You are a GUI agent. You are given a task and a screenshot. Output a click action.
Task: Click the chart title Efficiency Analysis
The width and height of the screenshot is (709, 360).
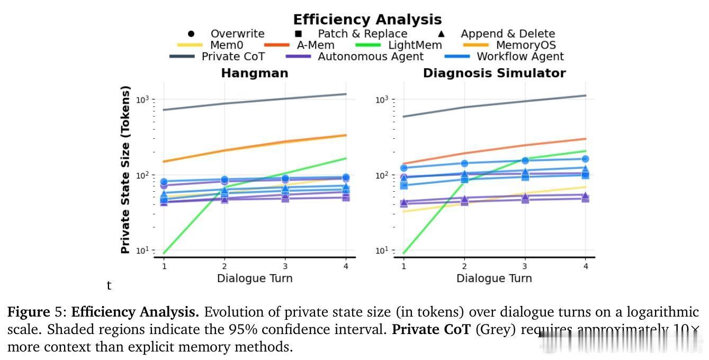[367, 20]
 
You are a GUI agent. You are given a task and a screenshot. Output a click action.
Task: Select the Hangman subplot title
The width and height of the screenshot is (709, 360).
[255, 73]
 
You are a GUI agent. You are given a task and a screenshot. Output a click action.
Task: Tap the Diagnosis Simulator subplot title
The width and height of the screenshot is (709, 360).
[494, 73]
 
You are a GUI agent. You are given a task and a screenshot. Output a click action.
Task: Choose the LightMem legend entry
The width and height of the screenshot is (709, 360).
[415, 45]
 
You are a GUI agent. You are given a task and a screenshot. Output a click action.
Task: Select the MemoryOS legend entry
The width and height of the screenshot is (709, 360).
[526, 45]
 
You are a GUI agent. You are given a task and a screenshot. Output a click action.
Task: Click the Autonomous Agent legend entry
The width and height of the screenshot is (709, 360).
[370, 56]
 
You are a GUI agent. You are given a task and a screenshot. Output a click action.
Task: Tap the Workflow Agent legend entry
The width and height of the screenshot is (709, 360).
[520, 56]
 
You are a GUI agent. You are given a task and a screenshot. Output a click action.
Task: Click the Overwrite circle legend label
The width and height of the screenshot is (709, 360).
[237, 34]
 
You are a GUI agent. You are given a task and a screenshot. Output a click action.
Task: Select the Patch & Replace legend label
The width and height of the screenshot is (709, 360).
[362, 34]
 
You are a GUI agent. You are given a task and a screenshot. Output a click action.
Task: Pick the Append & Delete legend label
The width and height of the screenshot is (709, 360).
[508, 34]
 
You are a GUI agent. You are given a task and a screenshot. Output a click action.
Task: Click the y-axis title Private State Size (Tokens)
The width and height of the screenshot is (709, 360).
[125, 170]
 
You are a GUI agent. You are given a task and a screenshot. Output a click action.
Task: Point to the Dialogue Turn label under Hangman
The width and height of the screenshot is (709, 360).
[255, 278]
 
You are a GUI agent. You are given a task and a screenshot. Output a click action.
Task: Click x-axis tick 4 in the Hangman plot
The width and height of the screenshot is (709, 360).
[346, 266]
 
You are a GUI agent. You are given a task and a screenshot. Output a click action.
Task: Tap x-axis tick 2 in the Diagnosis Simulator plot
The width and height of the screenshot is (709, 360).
[464, 266]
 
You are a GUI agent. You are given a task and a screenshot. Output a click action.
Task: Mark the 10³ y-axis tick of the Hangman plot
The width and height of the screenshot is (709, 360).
[143, 100]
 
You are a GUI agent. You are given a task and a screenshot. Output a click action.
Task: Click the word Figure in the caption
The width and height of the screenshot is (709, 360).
[25, 312]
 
